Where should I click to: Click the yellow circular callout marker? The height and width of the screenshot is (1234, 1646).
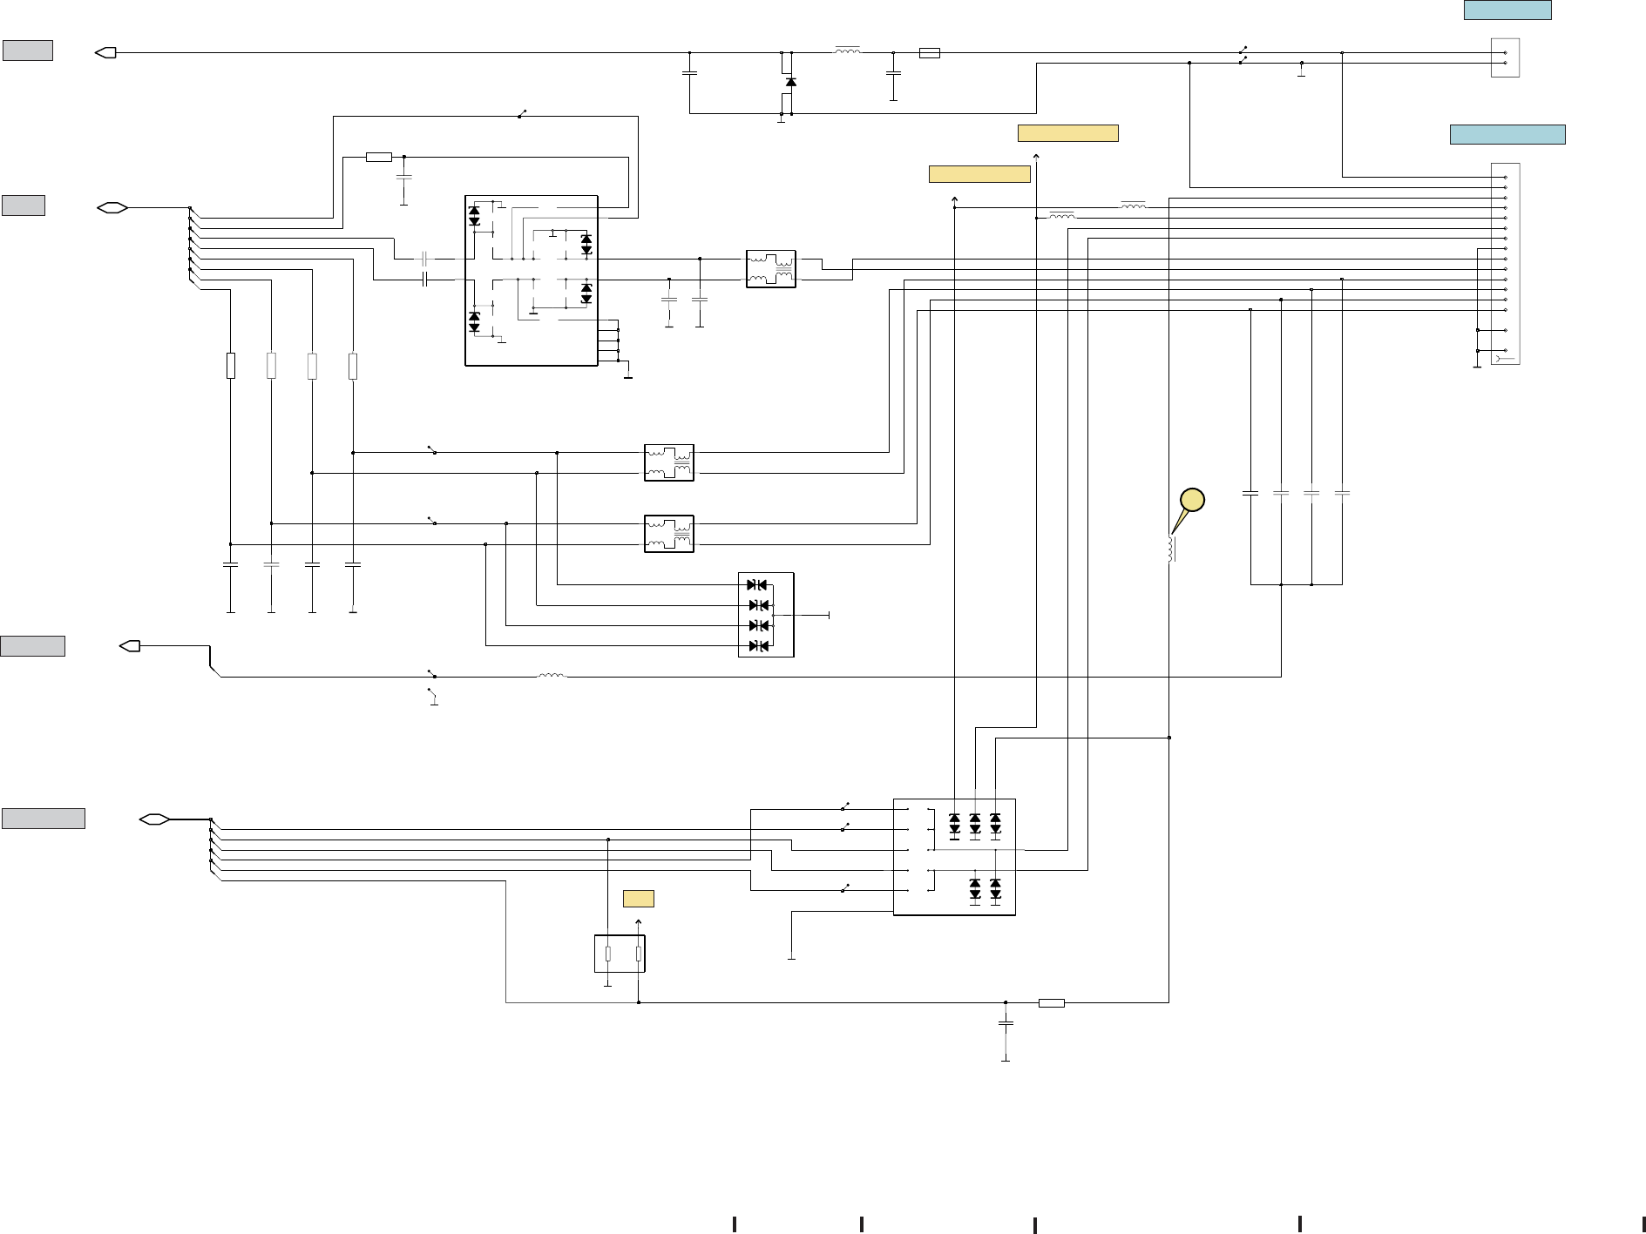pos(1192,500)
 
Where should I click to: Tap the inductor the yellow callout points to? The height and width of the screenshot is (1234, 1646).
pos(1170,549)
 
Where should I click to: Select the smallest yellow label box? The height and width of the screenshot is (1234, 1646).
pos(639,899)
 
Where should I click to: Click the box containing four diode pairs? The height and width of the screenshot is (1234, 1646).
pos(766,615)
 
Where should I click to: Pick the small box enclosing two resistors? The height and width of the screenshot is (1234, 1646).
pos(620,954)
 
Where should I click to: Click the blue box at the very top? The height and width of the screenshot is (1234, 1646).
pos(1507,10)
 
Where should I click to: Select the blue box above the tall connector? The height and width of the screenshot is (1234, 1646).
pos(1507,134)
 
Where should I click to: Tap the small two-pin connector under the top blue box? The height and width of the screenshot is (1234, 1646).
pos(1505,57)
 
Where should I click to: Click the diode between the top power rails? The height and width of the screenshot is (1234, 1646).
pos(790,82)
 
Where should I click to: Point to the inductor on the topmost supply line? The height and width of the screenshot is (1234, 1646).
pos(847,51)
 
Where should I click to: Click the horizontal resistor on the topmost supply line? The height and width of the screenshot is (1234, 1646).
pos(930,53)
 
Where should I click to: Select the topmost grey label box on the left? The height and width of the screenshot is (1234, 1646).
pos(28,51)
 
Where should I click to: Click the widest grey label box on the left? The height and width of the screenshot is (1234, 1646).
pos(44,819)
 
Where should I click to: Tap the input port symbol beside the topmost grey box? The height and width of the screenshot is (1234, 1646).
pos(105,53)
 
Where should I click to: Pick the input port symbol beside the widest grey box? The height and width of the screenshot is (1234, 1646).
pos(154,819)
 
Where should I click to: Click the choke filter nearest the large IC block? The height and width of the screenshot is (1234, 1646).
pos(771,269)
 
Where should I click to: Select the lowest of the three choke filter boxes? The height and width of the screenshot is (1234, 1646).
pos(669,534)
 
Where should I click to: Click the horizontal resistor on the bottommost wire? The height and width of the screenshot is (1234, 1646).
pos(1052,1003)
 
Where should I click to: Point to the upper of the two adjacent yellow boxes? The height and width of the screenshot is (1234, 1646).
pos(1067,133)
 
